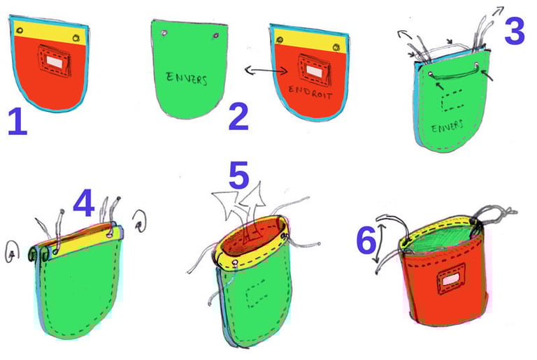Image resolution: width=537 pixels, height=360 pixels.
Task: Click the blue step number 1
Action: coord(17,121)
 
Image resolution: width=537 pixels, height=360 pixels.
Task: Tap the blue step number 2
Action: coord(238,117)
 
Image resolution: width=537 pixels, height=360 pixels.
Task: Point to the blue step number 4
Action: coord(83,203)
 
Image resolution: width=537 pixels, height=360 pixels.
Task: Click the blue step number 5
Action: coord(240,177)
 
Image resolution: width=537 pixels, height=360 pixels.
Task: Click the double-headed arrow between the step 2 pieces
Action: coord(264,70)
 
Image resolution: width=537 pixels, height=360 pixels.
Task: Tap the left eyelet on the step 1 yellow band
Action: coord(21,30)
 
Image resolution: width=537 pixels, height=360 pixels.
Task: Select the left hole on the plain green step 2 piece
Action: coord(163,33)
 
